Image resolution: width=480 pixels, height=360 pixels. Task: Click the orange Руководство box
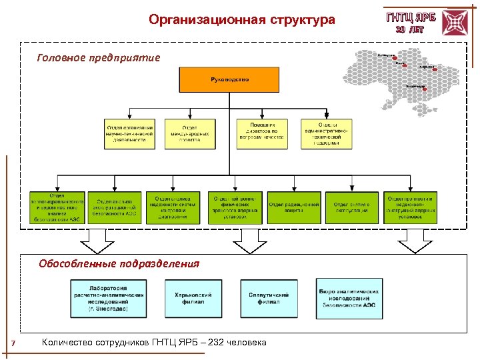tap(229, 80)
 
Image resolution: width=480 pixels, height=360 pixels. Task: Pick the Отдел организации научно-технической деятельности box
tap(130, 133)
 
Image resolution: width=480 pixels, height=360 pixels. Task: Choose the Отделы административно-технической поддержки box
tap(326, 133)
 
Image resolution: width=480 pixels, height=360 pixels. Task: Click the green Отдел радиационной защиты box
tap(293, 207)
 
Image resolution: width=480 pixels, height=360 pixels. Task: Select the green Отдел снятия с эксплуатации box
tap(351, 207)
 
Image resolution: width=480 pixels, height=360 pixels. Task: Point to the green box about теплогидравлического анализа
tap(57, 207)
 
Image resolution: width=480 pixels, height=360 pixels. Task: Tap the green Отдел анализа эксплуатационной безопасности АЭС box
tap(115, 207)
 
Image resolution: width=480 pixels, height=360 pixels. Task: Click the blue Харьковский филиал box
tap(193, 298)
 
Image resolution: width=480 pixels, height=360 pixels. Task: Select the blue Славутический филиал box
tap(269, 298)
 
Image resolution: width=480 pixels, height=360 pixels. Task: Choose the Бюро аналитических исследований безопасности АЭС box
tap(349, 298)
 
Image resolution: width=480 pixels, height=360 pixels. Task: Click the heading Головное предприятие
tap(99, 57)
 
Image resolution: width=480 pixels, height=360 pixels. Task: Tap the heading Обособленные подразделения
tap(119, 263)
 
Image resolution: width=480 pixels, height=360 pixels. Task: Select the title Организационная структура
tap(242, 20)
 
